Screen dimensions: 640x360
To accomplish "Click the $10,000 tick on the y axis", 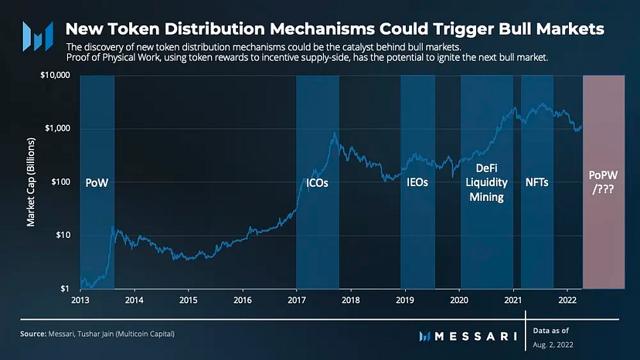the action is (55, 75).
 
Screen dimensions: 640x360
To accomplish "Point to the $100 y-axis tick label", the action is (61, 182).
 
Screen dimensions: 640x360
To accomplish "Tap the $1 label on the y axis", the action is (65, 289).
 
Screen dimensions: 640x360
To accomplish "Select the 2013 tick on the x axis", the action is (80, 300).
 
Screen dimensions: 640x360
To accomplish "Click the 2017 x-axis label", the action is (297, 300).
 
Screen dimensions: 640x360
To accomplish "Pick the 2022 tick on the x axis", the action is (567, 300).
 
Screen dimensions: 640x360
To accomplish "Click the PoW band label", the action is (97, 183).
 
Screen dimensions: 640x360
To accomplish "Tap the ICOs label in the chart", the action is (317, 183).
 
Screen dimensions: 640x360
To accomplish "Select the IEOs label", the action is (417, 182).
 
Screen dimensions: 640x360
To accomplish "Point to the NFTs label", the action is (536, 182).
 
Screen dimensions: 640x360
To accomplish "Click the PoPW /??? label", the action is (603, 182).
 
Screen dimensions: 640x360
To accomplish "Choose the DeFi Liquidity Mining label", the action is (486, 182).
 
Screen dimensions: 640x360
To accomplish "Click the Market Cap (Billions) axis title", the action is (31, 182).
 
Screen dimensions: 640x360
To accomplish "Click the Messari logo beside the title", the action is (38, 36).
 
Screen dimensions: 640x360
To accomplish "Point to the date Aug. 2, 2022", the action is (553, 345).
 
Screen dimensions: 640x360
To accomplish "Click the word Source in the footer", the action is (33, 334).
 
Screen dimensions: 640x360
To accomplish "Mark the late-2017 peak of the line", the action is (335, 132).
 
